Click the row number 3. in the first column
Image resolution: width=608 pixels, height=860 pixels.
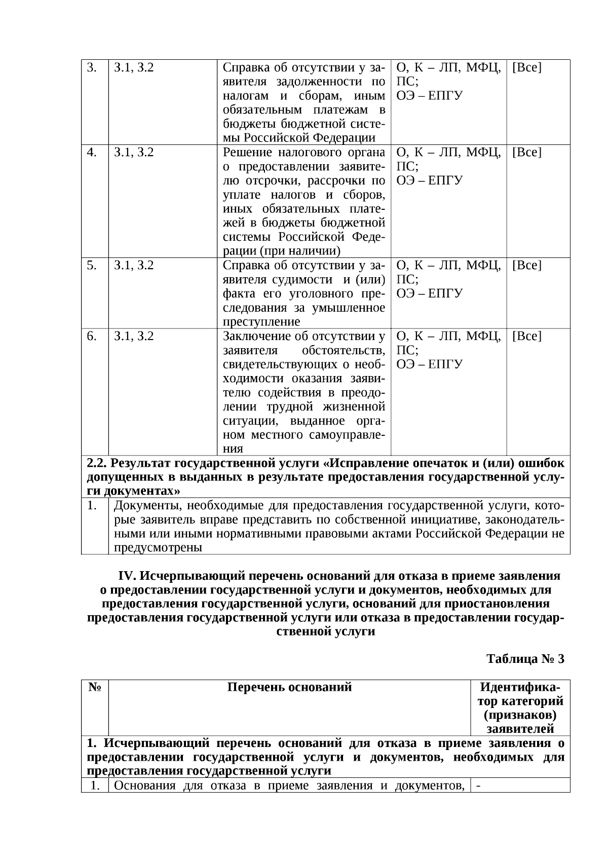tap(92, 67)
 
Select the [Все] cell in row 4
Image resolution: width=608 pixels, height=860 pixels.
tap(526, 152)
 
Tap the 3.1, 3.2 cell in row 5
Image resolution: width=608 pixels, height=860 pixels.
tap(134, 265)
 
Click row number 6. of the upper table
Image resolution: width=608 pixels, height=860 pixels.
tap(92, 336)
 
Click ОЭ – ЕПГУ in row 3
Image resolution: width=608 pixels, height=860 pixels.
tap(429, 96)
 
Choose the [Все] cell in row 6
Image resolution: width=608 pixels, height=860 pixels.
tap(526, 336)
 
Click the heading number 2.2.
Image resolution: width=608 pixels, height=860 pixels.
tap(96, 463)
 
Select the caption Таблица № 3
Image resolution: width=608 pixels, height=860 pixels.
tap(525, 659)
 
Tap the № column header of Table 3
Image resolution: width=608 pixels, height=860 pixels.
tap(94, 687)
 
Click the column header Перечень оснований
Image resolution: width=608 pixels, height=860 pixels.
tap(289, 687)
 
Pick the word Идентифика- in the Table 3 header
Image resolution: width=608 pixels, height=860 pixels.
tap(520, 687)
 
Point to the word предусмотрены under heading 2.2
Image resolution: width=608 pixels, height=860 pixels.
tap(158, 547)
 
